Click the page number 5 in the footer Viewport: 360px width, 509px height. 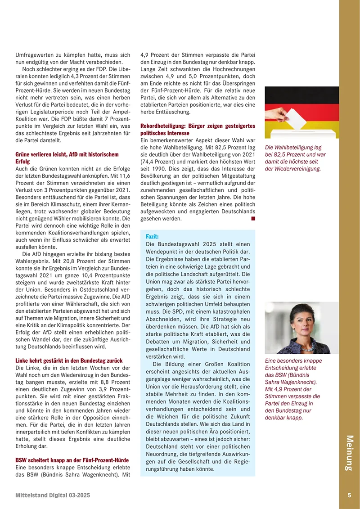pyautogui.click(x=350, y=495)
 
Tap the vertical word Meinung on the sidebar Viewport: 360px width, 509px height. pyautogui.click(x=350, y=453)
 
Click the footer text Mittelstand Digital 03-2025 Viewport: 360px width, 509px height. pyautogui.click(x=53, y=495)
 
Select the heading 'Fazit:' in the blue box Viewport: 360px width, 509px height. pyautogui.click(x=153, y=236)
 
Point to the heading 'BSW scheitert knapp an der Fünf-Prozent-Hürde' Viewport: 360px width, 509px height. pyautogui.click(x=72, y=460)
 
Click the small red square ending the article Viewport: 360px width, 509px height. pyautogui.click(x=253, y=218)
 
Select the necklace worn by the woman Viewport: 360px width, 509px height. pyautogui.click(x=301, y=347)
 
